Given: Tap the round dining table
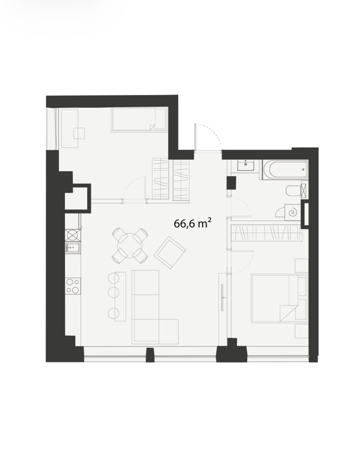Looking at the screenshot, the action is pyautogui.click(x=130, y=245).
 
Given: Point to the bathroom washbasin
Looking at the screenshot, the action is pyautogui.click(x=246, y=165).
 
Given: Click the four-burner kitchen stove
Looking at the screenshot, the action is pyautogui.click(x=73, y=286).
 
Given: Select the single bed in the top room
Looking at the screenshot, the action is pyautogui.click(x=139, y=120).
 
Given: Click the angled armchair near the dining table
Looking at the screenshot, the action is pyautogui.click(x=169, y=253).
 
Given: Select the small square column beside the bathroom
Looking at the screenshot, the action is pyautogui.click(x=232, y=183).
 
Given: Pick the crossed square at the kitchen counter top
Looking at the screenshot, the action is pyautogui.click(x=73, y=235).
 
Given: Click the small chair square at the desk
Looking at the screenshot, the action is pyautogui.click(x=79, y=133).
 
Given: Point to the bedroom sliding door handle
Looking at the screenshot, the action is pyautogui.click(x=222, y=298).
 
